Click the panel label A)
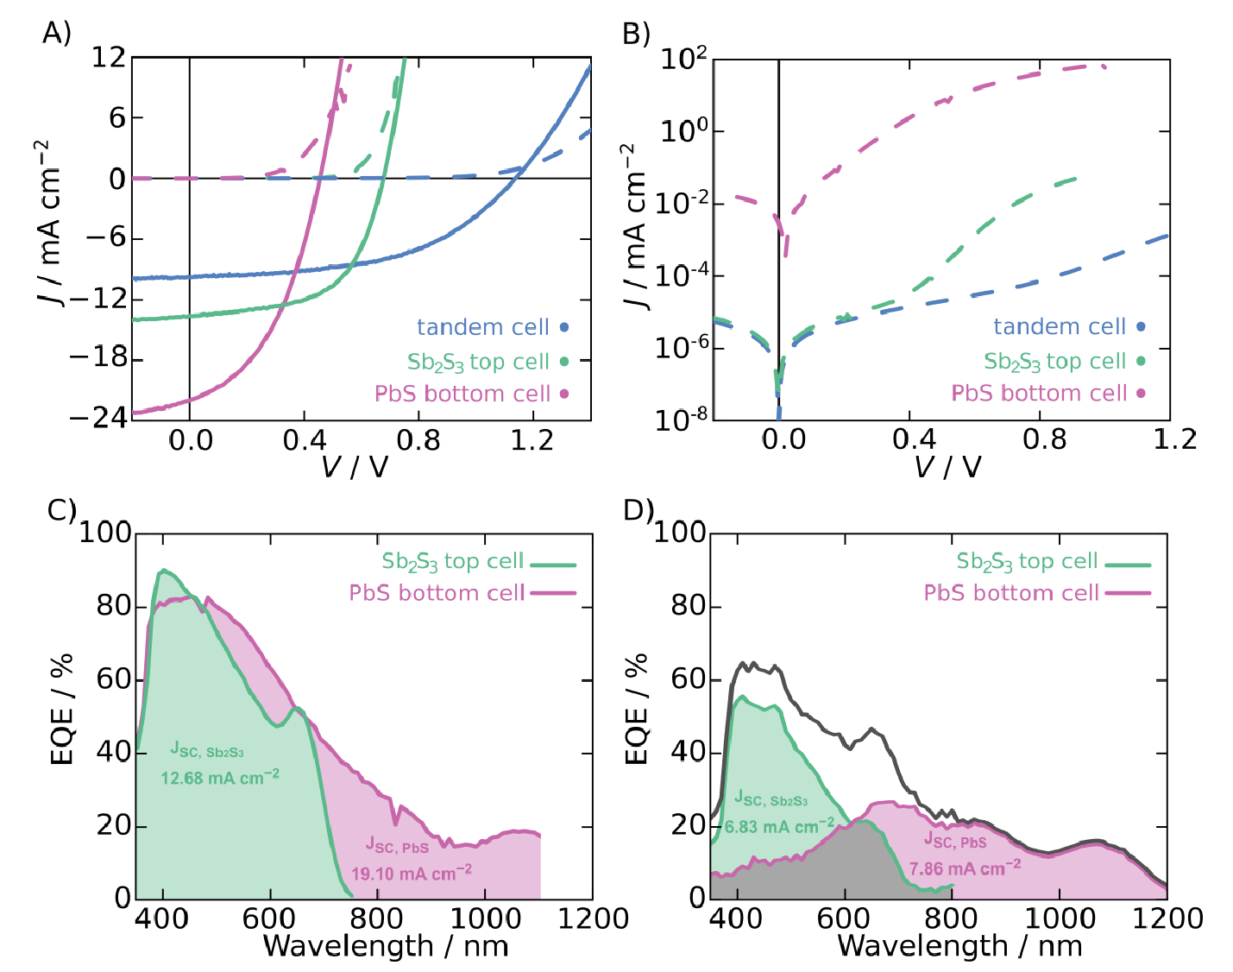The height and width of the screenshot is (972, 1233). click(x=57, y=33)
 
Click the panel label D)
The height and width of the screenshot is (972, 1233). click(x=639, y=511)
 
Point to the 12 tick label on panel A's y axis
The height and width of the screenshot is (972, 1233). click(x=109, y=58)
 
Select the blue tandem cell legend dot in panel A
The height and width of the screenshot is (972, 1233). click(x=564, y=327)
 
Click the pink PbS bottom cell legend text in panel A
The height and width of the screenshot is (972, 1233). click(x=462, y=394)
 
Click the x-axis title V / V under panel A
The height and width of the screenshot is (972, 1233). click(x=355, y=468)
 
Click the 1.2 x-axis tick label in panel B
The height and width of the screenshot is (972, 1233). click(x=1175, y=439)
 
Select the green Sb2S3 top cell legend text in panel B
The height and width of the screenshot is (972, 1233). click(x=1054, y=362)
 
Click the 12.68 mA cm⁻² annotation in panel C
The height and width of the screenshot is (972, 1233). click(x=220, y=777)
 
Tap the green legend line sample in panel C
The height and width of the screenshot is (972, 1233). click(x=552, y=564)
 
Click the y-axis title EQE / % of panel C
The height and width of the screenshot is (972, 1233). click(x=61, y=710)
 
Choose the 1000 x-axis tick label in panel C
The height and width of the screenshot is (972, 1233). click(x=485, y=918)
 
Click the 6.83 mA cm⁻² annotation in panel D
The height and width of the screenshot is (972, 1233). click(x=779, y=826)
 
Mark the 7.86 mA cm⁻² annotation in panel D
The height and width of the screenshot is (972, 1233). click(x=965, y=868)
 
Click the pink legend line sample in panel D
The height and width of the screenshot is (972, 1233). click(x=1127, y=594)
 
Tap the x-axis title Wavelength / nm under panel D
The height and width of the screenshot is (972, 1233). click(x=959, y=946)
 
